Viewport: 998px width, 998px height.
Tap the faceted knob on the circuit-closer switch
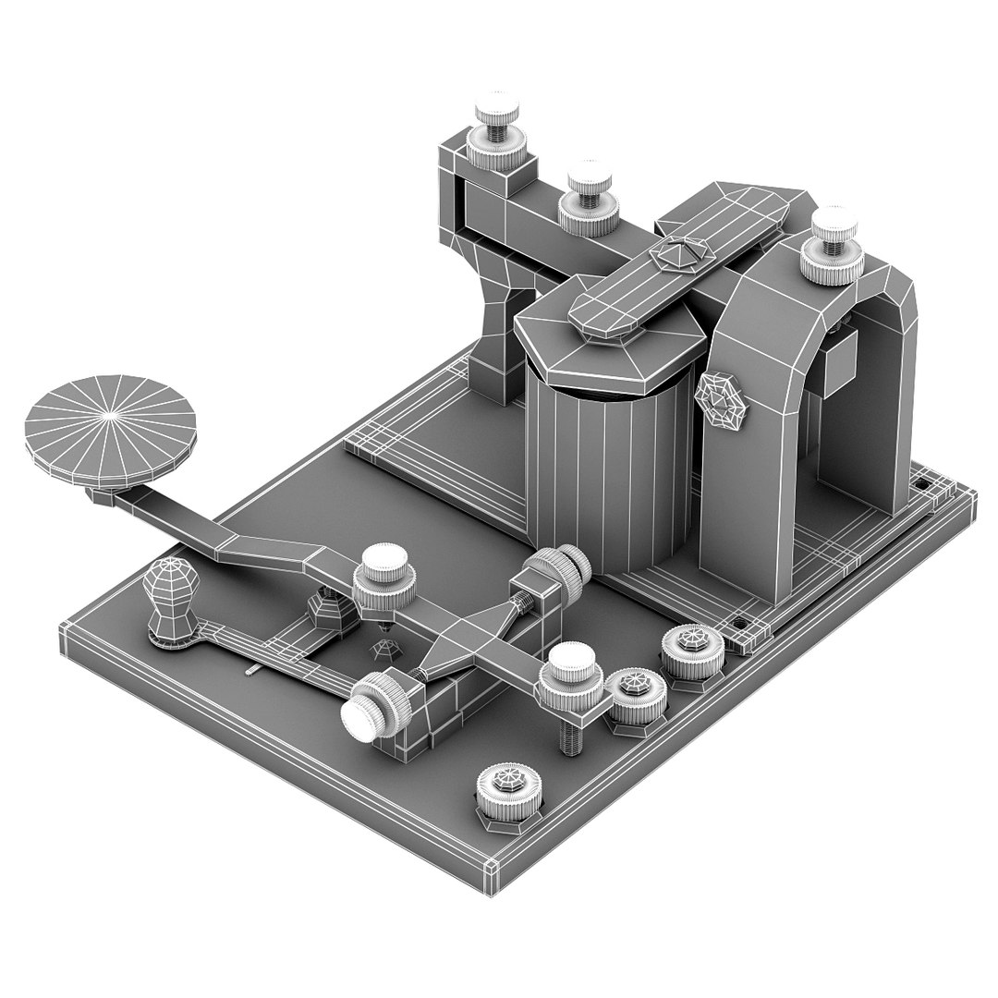click(x=166, y=591)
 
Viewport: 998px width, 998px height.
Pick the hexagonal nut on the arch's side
click(x=723, y=399)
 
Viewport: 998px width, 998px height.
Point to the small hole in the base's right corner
click(x=920, y=483)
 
